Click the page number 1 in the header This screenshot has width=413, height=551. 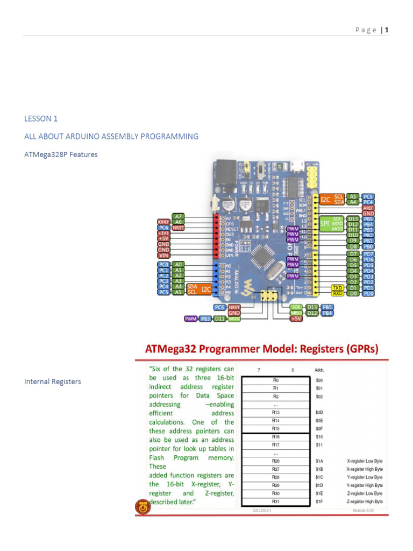point(386,30)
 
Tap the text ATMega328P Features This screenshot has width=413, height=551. point(61,154)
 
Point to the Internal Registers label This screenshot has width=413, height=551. point(53,382)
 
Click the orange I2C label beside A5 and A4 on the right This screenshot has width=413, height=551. point(326,199)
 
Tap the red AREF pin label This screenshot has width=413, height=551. point(368,208)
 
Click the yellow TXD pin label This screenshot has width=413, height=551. point(337,287)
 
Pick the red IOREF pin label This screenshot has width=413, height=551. point(163,222)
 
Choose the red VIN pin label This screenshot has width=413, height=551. point(163,256)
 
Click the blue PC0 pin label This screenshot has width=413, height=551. point(163,265)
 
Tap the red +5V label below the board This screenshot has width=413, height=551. point(296,319)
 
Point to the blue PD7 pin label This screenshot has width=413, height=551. point(368,253)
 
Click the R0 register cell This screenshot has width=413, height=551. point(275,380)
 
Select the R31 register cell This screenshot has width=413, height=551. point(275,501)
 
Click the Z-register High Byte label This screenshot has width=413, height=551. point(365,501)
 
